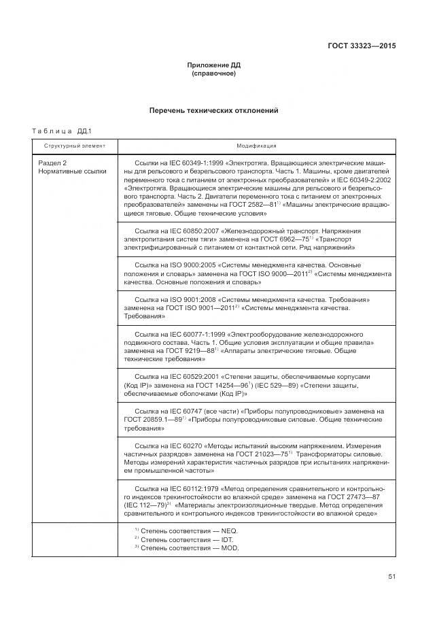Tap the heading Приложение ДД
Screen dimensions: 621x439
[214, 65]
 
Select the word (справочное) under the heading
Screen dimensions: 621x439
[214, 73]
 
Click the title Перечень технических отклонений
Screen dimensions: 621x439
[214, 110]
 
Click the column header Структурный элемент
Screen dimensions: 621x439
[75, 146]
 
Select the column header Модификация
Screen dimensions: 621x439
[256, 146]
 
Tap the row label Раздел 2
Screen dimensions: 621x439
[52, 164]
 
